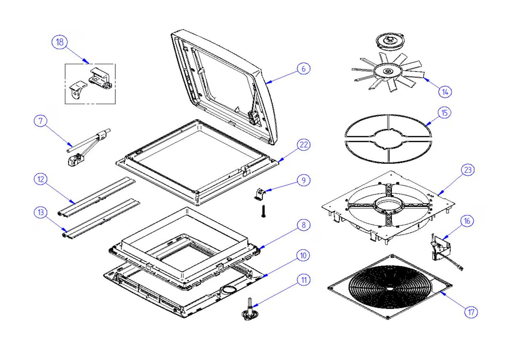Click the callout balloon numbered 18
pos(60,42)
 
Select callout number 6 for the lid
pos(303,69)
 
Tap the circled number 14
pos(445,92)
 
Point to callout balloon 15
pos(444,113)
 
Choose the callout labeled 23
pos(467,170)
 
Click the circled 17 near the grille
pos(471,312)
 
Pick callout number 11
pos(303,280)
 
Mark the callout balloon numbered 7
pos(40,121)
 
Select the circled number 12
pos(40,179)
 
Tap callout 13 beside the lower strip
pos(40,213)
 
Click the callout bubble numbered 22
pos(303,145)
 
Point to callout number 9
pos(303,180)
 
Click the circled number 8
pos(303,225)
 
